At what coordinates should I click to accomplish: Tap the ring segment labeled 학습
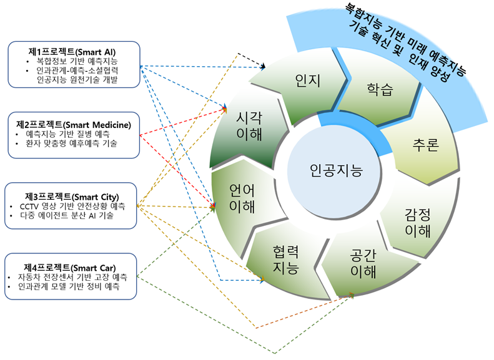[379, 89]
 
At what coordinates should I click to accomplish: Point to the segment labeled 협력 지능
[285, 260]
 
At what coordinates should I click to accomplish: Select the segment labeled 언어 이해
[241, 198]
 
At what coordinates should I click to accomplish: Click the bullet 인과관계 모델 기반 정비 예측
[73, 286]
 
